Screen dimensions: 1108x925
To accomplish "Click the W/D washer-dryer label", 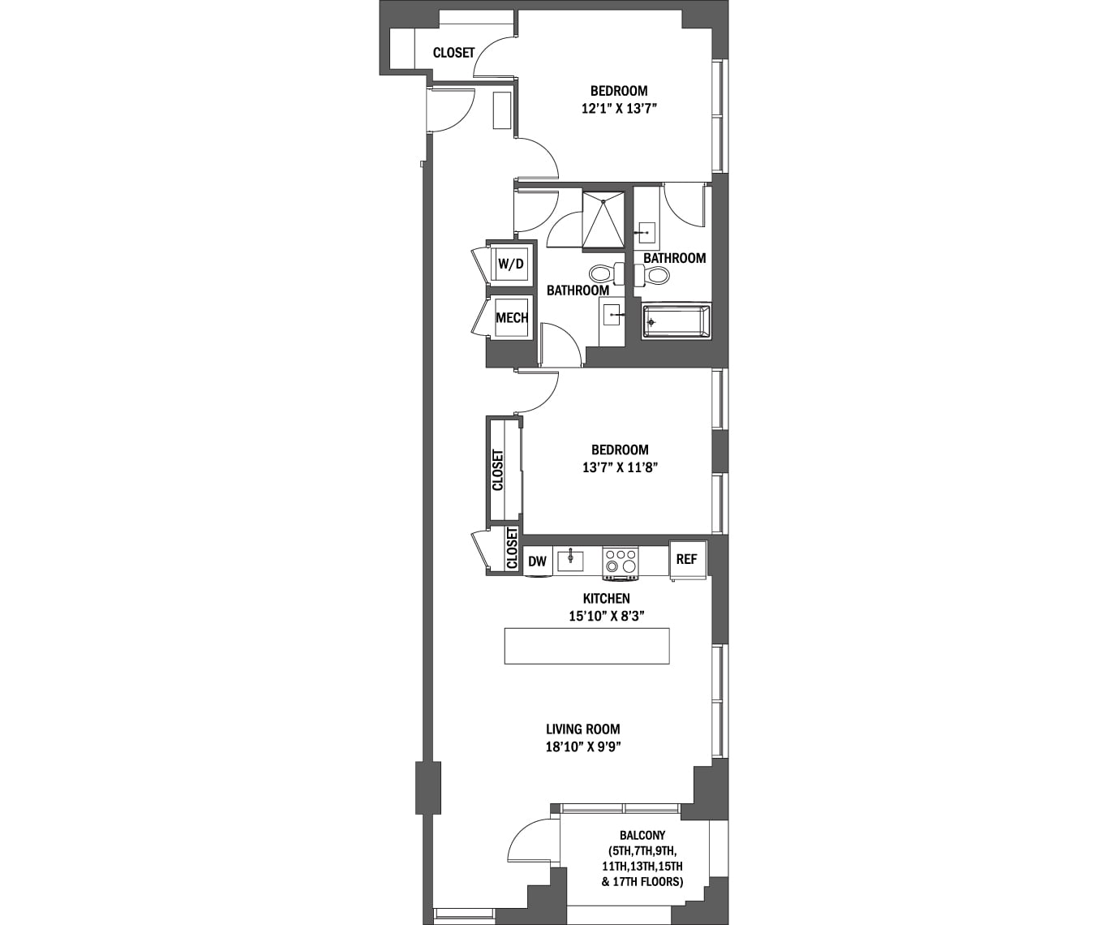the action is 510,264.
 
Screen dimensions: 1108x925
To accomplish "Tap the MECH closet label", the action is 512,317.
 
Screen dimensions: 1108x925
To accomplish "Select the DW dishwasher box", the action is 538,561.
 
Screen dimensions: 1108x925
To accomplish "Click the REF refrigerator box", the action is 687,561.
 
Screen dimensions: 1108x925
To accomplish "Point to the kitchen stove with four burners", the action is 621,562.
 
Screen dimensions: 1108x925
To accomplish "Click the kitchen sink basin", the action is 570,561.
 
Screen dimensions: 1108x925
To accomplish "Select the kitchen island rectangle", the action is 587,646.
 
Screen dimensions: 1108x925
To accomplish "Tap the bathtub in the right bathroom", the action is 676,321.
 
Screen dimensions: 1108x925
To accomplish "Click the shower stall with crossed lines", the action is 603,221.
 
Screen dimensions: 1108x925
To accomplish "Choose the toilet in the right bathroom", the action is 652,274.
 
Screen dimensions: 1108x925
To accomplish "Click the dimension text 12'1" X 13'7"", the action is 619,110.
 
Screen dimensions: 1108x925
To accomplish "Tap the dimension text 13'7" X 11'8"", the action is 620,468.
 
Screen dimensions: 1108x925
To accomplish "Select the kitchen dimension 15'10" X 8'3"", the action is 607,617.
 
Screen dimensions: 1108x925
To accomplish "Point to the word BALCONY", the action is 642,835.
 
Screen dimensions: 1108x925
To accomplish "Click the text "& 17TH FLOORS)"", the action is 642,882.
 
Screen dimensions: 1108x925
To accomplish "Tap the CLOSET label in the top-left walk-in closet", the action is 453,53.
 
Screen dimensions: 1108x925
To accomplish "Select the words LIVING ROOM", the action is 583,729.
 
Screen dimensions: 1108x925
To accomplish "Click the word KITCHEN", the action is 607,599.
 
